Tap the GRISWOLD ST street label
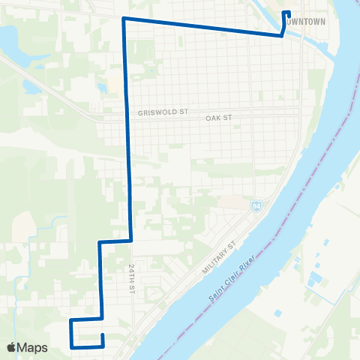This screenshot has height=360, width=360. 162,113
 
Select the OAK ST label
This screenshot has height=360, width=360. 220,118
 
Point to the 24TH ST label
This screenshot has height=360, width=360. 130,277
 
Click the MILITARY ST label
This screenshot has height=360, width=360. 218,257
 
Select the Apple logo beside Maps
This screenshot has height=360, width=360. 12,347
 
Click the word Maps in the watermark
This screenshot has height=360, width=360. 33,347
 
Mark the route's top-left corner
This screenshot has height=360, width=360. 124,18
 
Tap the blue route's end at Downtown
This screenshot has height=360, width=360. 287,12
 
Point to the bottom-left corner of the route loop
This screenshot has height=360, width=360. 70,347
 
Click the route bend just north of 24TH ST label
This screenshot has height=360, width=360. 132,241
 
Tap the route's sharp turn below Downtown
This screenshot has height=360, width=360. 282,35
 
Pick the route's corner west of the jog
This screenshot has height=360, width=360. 100,243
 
